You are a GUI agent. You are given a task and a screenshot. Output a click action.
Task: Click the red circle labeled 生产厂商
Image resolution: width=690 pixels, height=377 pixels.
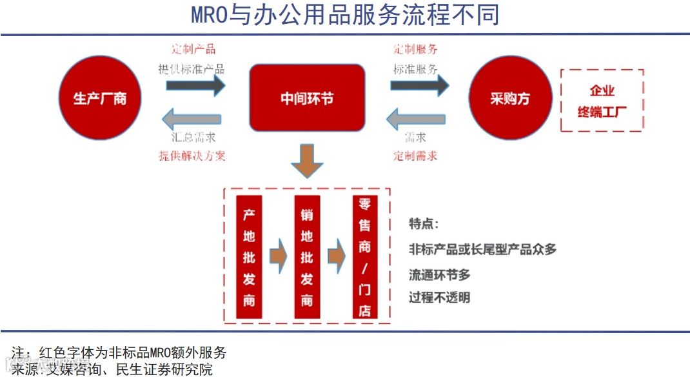(x=100, y=98)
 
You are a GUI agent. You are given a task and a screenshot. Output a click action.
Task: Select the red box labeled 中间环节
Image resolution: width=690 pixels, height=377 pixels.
(x=307, y=97)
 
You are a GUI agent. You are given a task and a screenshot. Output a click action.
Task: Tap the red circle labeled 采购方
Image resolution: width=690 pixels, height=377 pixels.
(x=509, y=98)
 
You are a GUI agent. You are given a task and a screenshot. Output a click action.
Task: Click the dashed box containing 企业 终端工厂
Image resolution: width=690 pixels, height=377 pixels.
(x=602, y=100)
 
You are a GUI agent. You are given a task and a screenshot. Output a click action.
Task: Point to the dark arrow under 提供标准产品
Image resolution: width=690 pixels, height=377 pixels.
(x=192, y=85)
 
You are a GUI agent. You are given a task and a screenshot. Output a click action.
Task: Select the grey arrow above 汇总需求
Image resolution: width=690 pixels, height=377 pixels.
(x=192, y=119)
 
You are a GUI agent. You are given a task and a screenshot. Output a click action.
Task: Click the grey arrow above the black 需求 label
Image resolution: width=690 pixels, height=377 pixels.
(x=416, y=119)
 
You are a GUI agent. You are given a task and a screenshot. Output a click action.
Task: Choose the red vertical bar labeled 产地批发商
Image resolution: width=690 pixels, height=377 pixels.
(x=250, y=257)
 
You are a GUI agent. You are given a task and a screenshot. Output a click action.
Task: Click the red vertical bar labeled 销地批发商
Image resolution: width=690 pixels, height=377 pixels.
(x=307, y=257)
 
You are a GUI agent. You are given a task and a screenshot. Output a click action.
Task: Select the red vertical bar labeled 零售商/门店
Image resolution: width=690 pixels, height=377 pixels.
(x=365, y=257)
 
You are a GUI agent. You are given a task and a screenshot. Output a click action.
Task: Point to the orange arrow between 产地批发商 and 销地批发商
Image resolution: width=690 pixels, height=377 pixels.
(x=277, y=256)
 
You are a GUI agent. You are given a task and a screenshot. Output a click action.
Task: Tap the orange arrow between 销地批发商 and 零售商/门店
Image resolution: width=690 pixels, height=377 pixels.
(x=336, y=256)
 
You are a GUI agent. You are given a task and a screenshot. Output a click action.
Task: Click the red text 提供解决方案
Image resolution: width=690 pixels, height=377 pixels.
(x=192, y=156)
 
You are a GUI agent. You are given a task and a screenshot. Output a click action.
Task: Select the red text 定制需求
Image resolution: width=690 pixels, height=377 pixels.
(x=416, y=156)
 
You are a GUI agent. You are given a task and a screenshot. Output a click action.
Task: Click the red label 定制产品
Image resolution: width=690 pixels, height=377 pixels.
(x=193, y=49)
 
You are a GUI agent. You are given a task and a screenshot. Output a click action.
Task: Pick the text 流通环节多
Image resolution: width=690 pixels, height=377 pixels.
(x=440, y=274)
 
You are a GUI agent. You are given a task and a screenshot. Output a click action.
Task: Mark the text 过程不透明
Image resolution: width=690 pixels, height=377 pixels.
(x=440, y=298)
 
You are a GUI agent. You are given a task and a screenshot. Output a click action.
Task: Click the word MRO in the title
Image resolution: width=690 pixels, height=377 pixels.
(x=210, y=14)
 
